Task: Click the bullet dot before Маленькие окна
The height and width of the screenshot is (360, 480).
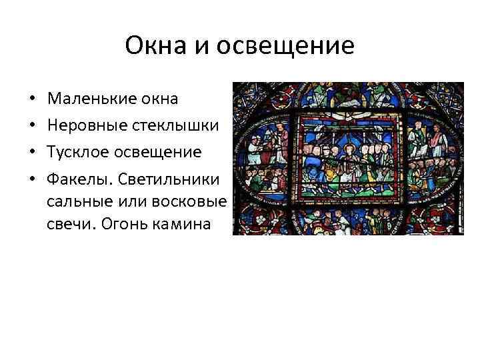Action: [x=33, y=100]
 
